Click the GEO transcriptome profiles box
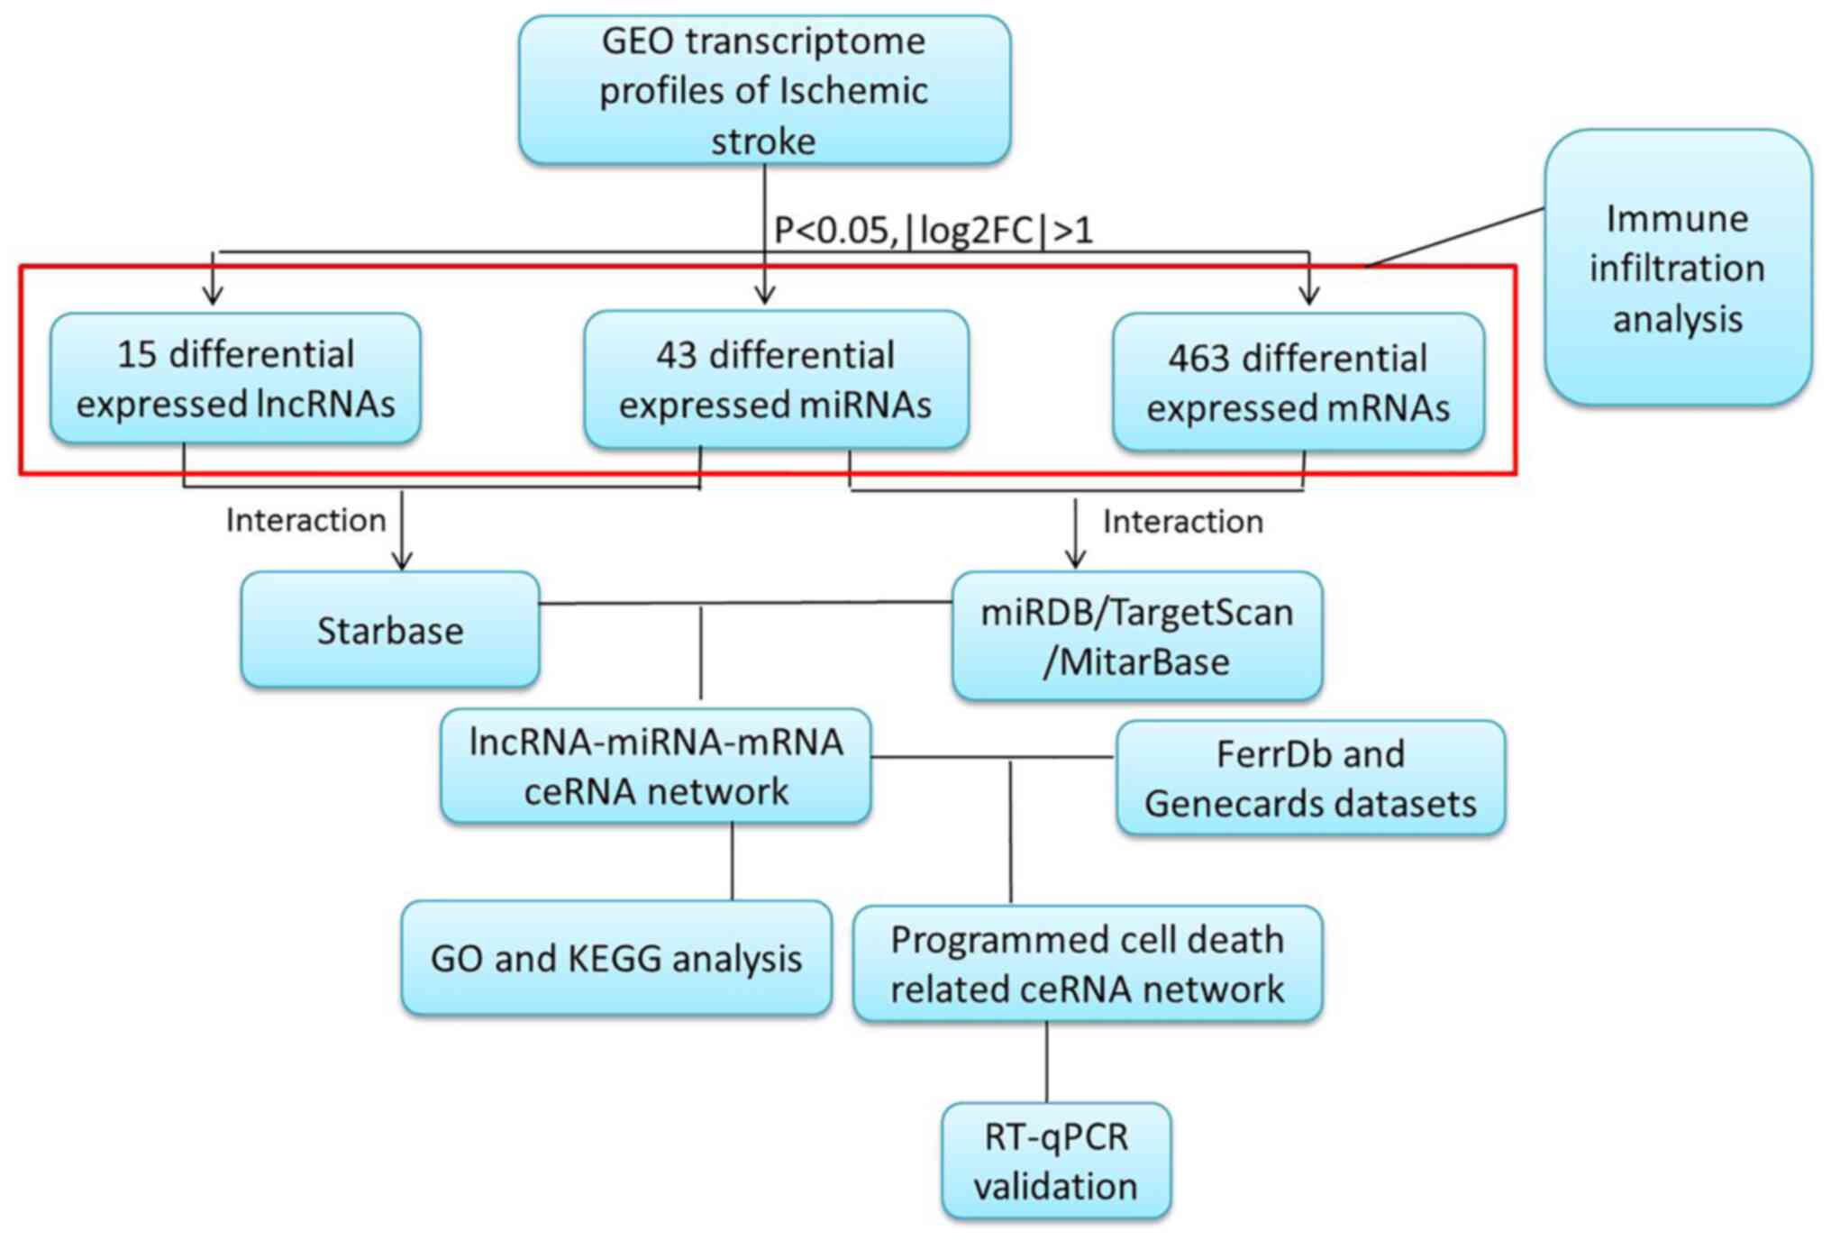[x=764, y=90]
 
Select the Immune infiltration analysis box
[x=1677, y=269]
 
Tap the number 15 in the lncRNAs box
[x=137, y=354]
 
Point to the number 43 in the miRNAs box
[x=676, y=356]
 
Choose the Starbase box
[x=390, y=630]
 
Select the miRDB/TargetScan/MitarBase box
[x=1136, y=636]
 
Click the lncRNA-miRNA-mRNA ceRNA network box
[x=655, y=766]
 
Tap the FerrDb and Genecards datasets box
[x=1310, y=779]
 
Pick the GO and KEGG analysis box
[x=616, y=958]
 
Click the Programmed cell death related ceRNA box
[x=1087, y=964]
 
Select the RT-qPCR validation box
[x=1055, y=1161]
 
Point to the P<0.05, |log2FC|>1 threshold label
[x=934, y=231]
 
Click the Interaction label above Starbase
[x=305, y=520]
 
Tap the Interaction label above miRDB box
[x=1182, y=522]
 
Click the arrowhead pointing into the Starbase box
[x=402, y=561]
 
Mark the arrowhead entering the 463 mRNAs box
[x=1308, y=295]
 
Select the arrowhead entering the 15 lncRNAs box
[x=213, y=295]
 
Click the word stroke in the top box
[x=763, y=141]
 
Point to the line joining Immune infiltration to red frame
[x=1455, y=237]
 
